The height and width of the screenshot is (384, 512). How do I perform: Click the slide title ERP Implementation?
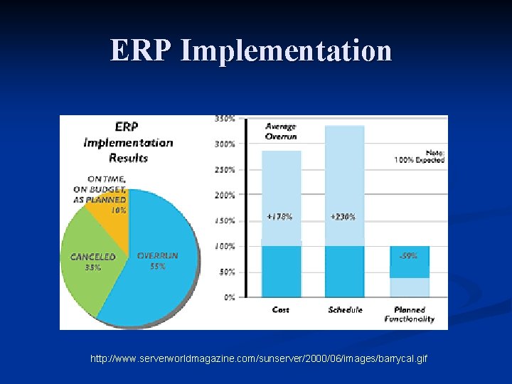coord(250,51)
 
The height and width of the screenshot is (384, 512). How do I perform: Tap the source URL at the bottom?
coord(259,360)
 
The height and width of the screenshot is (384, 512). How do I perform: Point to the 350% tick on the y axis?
coord(225,119)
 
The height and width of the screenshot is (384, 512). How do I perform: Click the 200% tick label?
coord(225,195)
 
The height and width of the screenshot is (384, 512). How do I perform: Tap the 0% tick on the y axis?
coord(229,297)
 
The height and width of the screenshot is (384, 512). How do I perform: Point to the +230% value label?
coord(343,217)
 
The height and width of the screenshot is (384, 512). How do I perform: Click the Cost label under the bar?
coord(281,309)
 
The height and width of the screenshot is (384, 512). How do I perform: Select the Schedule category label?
coord(345,309)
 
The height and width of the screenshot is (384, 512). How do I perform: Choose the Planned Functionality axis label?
coord(410,314)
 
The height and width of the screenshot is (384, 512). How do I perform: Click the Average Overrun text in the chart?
coord(281,131)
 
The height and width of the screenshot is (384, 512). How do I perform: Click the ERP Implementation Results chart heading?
coord(128,142)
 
